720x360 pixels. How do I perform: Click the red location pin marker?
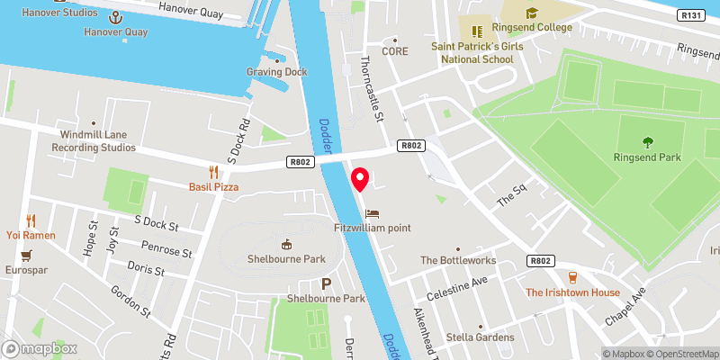click(x=360, y=180)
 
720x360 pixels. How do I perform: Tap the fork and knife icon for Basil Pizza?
click(x=213, y=171)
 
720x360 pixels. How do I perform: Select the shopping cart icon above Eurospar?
click(x=27, y=256)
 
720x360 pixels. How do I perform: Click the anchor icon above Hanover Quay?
click(x=115, y=17)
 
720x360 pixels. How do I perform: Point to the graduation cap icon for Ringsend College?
click(x=531, y=13)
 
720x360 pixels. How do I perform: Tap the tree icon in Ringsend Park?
click(x=647, y=141)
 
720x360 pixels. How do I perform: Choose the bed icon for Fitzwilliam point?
click(x=373, y=214)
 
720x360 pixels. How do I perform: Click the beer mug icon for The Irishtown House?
click(x=572, y=276)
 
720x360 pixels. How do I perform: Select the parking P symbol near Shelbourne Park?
click(x=326, y=283)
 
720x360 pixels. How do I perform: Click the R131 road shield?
click(x=691, y=15)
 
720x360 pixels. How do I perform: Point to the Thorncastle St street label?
click(x=372, y=86)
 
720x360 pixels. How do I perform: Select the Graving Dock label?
click(x=276, y=72)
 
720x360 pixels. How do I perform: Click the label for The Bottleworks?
click(x=457, y=260)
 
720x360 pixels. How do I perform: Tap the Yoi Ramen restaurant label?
click(x=32, y=235)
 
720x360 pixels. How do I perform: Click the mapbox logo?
click(x=38, y=348)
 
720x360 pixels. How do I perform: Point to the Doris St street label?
click(x=145, y=270)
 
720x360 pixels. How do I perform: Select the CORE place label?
click(x=394, y=51)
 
